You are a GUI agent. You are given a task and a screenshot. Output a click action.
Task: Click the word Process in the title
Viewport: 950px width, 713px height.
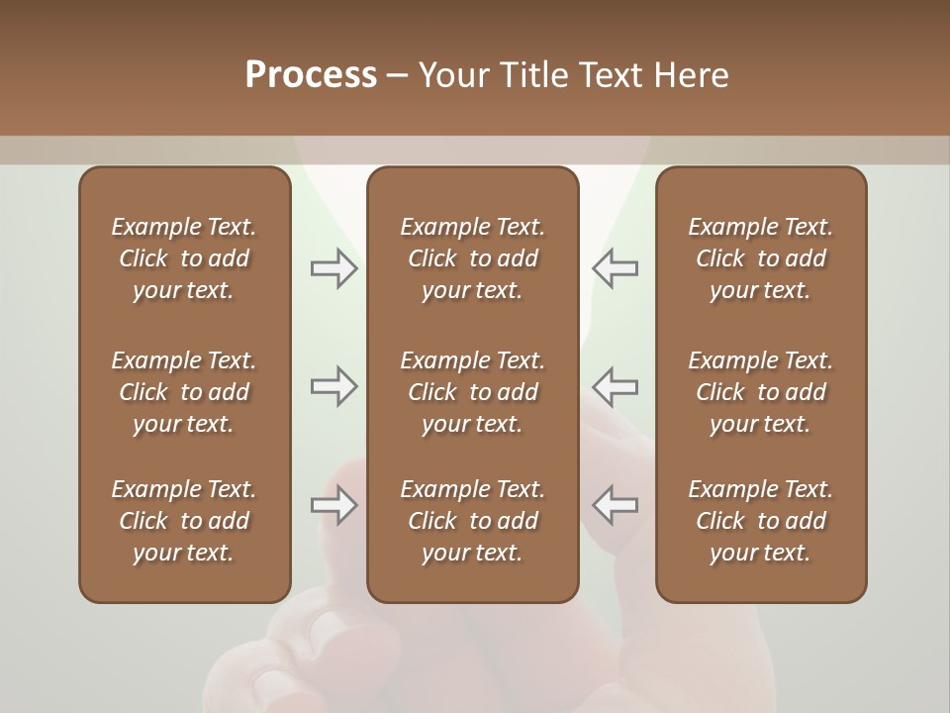click(311, 75)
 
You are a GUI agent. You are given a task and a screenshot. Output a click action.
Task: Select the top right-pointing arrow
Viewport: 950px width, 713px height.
click(333, 268)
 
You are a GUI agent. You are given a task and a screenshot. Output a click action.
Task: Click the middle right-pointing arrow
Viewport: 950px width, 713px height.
click(333, 386)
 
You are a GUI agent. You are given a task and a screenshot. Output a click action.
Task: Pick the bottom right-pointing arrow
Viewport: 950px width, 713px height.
click(333, 505)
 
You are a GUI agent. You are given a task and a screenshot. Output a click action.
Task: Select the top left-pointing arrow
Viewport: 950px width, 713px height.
click(616, 268)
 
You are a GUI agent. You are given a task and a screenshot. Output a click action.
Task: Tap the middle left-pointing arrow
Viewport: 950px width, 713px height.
click(616, 386)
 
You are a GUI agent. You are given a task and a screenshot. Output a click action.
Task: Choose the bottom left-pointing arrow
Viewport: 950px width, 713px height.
click(616, 505)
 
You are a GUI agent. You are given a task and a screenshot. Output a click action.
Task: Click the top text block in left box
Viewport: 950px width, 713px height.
click(184, 258)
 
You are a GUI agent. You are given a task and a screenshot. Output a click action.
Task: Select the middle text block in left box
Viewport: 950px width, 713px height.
click(184, 392)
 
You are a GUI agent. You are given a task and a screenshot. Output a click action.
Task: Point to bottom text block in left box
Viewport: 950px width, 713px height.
click(184, 521)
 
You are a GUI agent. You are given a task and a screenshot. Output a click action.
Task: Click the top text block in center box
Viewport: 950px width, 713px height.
click(472, 258)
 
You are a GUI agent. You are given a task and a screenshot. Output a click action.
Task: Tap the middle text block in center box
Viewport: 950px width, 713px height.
click(472, 392)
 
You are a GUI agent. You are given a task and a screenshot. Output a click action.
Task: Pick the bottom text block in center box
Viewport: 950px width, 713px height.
click(472, 521)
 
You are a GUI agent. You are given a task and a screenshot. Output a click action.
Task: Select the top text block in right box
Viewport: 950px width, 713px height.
click(760, 258)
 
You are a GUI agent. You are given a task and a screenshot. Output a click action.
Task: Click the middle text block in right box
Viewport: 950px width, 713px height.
click(760, 392)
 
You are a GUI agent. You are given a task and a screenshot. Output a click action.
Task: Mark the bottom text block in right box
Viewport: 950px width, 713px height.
click(760, 521)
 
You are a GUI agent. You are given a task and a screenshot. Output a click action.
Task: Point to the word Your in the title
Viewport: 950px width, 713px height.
click(452, 75)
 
